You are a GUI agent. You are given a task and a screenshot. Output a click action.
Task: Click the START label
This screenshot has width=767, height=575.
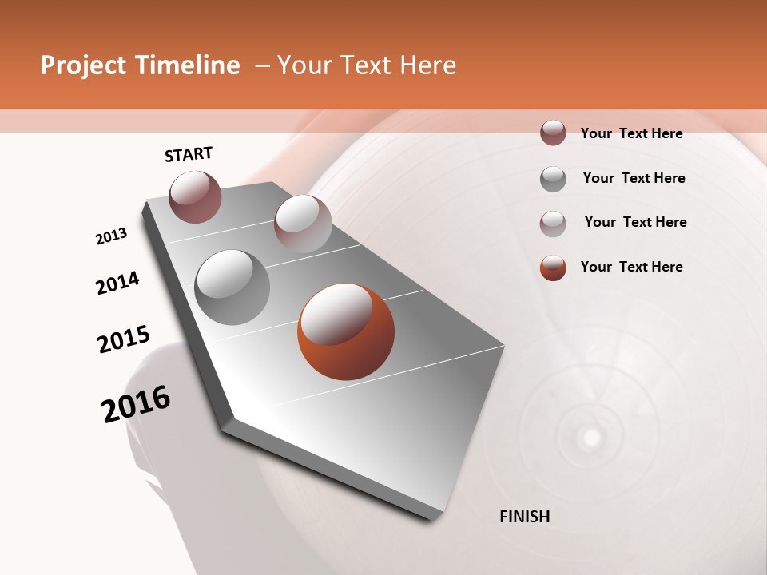coord(189,154)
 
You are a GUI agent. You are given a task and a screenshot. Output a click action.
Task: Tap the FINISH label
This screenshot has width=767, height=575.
coord(524,517)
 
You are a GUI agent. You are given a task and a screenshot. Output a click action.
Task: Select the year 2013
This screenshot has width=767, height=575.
coord(111,236)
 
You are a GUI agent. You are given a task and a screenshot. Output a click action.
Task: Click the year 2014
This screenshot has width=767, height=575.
coord(117,284)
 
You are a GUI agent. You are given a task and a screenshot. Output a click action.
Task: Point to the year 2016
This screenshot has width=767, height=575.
coord(136,404)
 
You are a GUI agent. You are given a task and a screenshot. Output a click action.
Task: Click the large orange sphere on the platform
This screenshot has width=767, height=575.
coord(346,331)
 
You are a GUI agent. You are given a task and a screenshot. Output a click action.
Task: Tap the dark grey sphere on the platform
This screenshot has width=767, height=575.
coord(232,287)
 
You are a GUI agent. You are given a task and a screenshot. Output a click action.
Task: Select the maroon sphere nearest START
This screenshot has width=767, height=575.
coord(195,196)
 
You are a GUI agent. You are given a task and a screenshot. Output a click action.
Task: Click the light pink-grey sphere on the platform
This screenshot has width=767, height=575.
coord(303,224)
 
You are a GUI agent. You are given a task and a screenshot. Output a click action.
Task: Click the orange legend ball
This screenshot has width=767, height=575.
coord(553,268)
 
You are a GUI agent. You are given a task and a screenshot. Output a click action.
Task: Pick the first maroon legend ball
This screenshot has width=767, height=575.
coord(553,133)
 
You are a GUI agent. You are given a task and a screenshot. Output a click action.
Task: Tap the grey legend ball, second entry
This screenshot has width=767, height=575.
coord(553,179)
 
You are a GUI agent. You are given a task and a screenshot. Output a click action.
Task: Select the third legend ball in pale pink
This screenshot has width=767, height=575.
coord(553,223)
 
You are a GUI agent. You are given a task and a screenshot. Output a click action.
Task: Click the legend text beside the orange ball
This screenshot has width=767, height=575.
coord(631,267)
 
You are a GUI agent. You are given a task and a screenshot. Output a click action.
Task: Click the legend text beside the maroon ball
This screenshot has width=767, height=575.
coord(631,133)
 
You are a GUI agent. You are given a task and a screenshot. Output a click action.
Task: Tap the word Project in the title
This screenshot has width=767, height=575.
coord(83,65)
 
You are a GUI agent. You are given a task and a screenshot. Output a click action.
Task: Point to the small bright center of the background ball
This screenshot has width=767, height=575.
coord(591,437)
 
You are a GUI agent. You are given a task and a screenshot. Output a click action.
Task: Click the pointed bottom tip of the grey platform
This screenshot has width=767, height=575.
coord(432,519)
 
